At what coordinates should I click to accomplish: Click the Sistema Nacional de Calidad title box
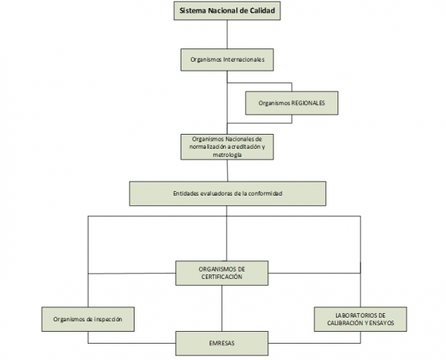tap(227, 12)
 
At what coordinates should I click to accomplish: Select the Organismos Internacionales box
tap(227, 58)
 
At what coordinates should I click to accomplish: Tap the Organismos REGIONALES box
tap(291, 103)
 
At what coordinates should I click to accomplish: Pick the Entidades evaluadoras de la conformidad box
tap(227, 193)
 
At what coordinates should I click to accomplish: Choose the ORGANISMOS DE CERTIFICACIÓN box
tap(222, 272)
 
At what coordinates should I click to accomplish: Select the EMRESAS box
tap(222, 343)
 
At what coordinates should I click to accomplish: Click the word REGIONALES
tap(307, 103)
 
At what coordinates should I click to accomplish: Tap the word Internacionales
tap(243, 58)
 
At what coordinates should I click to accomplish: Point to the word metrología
tap(227, 154)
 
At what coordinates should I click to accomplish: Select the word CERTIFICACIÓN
tap(222, 277)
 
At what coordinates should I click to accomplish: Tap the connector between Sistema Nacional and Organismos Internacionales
tap(227, 34)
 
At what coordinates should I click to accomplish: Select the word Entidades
tap(187, 193)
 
